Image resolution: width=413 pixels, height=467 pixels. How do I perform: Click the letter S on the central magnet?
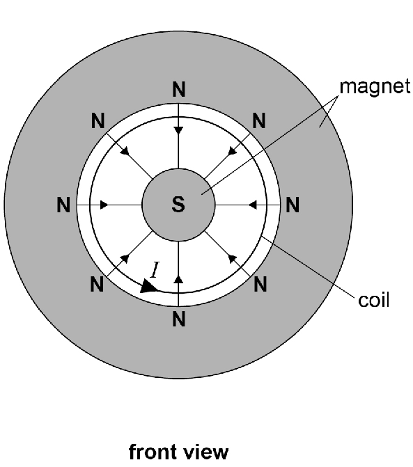click(178, 205)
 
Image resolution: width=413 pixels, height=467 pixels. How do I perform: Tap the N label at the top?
click(179, 89)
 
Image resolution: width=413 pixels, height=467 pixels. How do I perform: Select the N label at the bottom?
click(179, 319)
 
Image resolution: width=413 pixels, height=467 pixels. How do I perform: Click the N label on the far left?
click(63, 205)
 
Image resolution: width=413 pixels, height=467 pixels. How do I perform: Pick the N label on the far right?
click(293, 205)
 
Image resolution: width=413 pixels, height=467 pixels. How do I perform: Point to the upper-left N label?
click(98, 120)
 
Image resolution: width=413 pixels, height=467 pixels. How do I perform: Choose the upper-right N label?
click(259, 120)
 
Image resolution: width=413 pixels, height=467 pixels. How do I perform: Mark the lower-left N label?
click(97, 284)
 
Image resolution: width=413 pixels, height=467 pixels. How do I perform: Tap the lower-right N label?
click(260, 284)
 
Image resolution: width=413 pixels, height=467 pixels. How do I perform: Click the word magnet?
click(375, 87)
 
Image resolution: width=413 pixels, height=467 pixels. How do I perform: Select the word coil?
click(374, 300)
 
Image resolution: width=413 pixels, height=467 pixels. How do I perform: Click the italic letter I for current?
click(155, 270)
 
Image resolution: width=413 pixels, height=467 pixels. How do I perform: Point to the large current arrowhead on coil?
click(148, 286)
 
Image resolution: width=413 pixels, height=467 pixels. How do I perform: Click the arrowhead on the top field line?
click(178, 130)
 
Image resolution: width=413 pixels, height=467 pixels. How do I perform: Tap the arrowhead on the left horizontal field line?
click(104, 205)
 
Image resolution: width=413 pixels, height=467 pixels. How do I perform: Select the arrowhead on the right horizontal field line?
click(253, 205)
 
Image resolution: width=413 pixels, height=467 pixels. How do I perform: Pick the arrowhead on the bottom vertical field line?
click(178, 279)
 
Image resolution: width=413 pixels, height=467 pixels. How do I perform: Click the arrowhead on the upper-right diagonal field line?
click(232, 151)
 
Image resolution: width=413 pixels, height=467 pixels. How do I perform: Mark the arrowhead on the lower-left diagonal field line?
click(125, 258)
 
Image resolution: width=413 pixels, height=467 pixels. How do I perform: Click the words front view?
click(179, 452)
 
